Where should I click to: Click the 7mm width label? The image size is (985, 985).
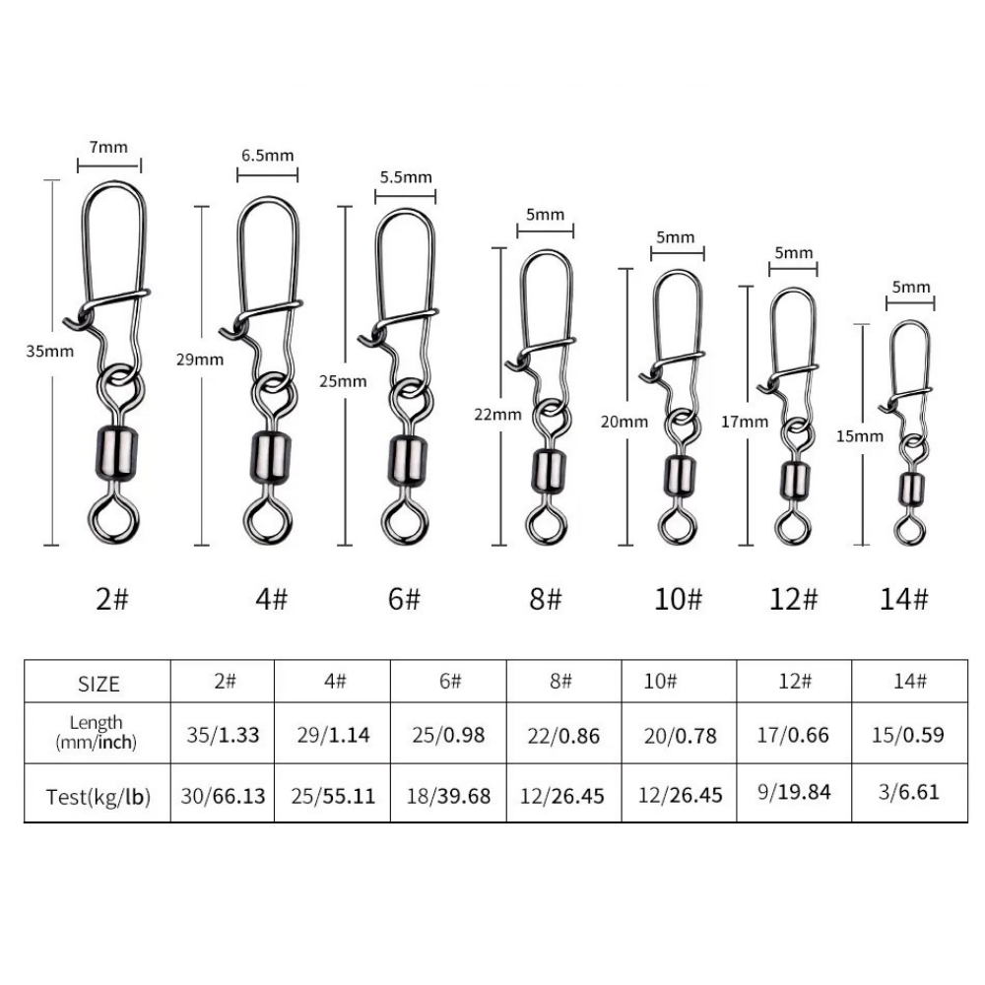pyautogui.click(x=108, y=147)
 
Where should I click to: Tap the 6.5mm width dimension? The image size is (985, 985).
pyautogui.click(x=268, y=156)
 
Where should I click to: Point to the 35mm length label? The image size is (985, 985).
pyautogui.click(x=49, y=352)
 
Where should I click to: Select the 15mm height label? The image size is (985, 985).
pyautogui.click(x=859, y=436)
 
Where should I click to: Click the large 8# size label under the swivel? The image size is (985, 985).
pyautogui.click(x=545, y=599)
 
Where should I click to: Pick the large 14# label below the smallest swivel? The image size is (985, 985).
pyautogui.click(x=903, y=599)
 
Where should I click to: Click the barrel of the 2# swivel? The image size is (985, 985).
pyautogui.click(x=116, y=453)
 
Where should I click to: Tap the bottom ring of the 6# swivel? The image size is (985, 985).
pyautogui.click(x=406, y=520)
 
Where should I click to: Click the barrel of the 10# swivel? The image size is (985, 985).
pyautogui.click(x=679, y=477)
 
